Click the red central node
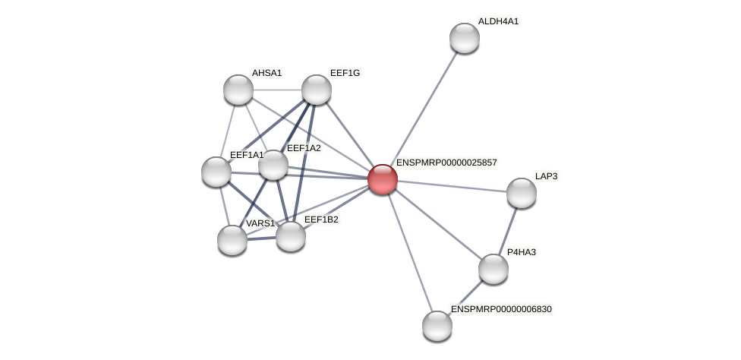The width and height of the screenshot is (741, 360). click(x=383, y=179)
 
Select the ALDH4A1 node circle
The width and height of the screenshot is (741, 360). click(x=465, y=38)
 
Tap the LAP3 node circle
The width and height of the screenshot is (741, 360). click(x=522, y=193)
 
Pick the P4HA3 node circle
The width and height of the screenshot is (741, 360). click(x=493, y=269)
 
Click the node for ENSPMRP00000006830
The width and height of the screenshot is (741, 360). click(x=437, y=326)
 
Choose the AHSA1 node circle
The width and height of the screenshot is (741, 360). click(x=238, y=90)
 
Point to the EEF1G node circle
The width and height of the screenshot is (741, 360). click(x=317, y=90)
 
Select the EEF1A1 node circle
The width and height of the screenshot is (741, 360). click(x=216, y=172)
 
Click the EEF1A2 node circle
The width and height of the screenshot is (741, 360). click(x=273, y=165)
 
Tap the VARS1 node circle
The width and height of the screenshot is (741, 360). click(x=232, y=240)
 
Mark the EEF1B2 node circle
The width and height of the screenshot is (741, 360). click(x=291, y=236)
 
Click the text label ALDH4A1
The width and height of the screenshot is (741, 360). click(x=498, y=21)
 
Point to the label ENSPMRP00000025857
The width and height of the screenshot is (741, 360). click(x=446, y=163)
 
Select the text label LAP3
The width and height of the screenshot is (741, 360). click(x=546, y=176)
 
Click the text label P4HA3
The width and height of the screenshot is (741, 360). click(x=521, y=252)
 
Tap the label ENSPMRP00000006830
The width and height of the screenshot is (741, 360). click(x=501, y=309)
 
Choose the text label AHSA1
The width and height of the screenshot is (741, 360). click(x=266, y=73)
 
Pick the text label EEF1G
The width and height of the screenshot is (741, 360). click(x=345, y=73)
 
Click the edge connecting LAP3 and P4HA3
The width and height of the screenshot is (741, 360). click(x=508, y=230)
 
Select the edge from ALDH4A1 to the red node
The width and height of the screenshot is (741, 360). click(x=424, y=109)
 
